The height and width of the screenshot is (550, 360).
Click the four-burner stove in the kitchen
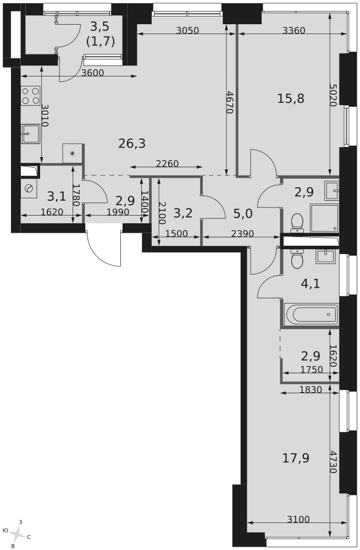coord(30,96)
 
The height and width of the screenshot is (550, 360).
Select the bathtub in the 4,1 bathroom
coord(311,315)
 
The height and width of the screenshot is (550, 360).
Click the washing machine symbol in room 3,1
coord(29,188)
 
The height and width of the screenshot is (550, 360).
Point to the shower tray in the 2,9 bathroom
coord(325,218)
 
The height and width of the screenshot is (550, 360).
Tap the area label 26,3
coord(132,144)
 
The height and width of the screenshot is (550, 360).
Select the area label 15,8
coord(291,98)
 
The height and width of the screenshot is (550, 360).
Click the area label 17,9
coord(296,458)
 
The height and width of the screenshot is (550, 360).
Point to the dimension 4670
coord(229,102)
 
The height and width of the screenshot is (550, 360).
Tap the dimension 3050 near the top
coord(187,30)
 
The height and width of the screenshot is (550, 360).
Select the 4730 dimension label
coord(334,461)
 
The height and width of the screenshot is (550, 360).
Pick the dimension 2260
coord(167,163)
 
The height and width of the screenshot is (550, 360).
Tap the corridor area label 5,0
coord(243,213)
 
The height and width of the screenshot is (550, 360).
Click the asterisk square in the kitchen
coord(73,153)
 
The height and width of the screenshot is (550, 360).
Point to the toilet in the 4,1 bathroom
coord(297,259)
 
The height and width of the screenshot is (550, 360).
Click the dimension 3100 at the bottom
coord(298,519)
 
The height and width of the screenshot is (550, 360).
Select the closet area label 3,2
coord(182,213)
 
